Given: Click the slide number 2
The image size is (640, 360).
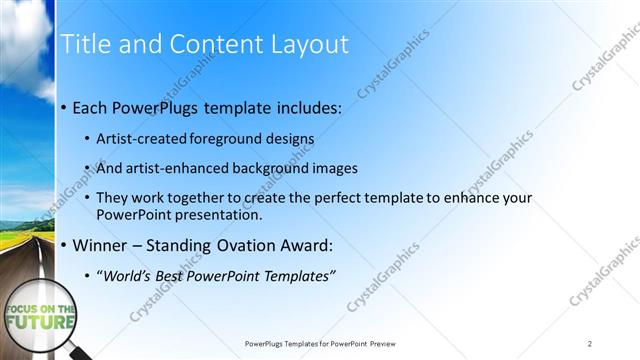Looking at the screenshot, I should [x=589, y=343].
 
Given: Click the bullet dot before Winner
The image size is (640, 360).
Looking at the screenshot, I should [x=64, y=245].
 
